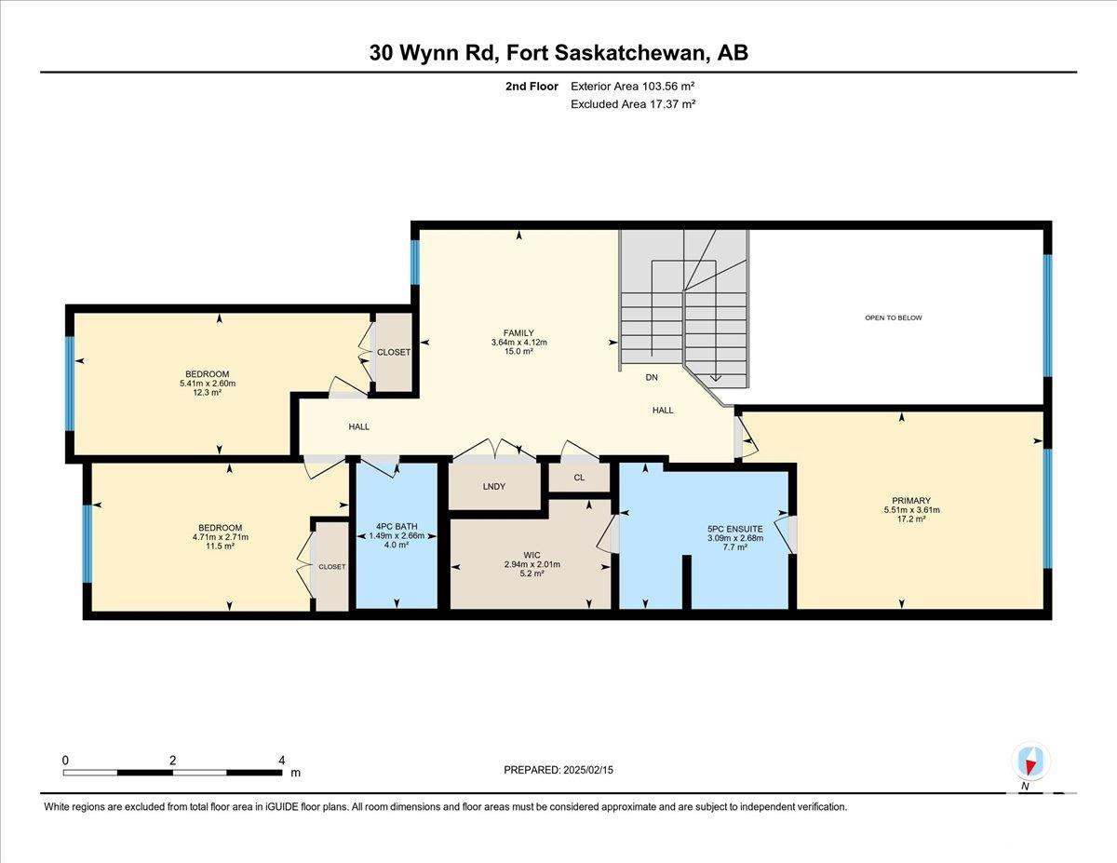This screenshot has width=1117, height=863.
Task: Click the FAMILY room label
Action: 518,333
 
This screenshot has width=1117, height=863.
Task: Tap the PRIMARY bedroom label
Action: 911,501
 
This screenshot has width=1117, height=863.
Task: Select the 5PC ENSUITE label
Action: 735,529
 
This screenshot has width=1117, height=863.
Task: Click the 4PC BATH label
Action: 397,527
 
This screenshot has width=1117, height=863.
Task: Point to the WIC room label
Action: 532,555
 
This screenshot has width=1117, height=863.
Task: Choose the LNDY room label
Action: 494,486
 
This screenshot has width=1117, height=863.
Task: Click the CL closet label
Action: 579,478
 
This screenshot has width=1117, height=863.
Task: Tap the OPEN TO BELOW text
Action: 894,317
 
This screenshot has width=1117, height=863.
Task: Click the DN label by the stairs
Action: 652,377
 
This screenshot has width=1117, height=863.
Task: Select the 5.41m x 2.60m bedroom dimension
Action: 208,384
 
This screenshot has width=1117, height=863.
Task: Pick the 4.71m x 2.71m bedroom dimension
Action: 220,537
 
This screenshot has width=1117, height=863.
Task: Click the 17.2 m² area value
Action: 911,519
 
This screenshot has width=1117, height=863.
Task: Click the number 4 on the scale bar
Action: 282,761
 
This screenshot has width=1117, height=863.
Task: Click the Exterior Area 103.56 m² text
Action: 633,87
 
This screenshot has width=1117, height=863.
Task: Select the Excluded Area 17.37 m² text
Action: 633,104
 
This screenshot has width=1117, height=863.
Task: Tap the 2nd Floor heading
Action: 532,87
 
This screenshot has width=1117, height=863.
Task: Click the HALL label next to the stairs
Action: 663,411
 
